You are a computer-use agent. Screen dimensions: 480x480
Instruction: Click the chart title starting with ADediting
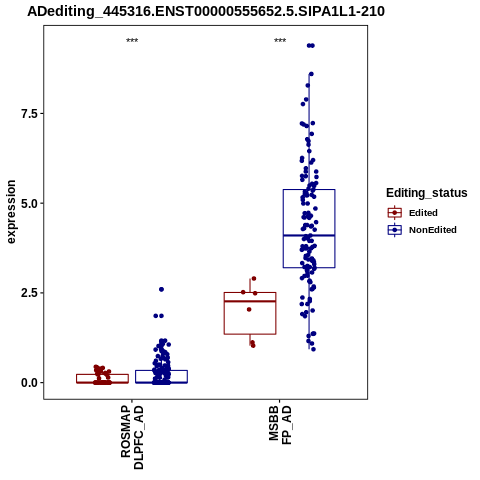(x=206, y=12)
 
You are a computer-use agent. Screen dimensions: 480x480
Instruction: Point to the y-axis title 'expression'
(x=11, y=212)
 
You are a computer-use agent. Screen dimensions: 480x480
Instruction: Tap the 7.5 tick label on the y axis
(x=28, y=114)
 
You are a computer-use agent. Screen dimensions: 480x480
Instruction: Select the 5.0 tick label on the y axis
(x=28, y=203)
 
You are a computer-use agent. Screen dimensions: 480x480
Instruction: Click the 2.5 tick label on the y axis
(x=28, y=293)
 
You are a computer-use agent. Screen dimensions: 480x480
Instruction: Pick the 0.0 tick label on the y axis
(x=28, y=383)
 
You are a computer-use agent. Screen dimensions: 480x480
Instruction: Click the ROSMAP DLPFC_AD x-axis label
(x=132, y=437)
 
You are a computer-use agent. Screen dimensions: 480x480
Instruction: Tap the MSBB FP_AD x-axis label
(x=280, y=425)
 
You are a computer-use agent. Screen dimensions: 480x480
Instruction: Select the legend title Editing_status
(x=427, y=193)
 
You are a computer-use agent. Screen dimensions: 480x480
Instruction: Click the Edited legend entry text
(x=423, y=213)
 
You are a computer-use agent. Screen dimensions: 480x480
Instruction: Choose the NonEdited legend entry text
(x=433, y=230)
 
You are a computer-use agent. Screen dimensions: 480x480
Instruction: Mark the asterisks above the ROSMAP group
(x=132, y=41)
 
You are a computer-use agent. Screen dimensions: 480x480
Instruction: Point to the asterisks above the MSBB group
(x=280, y=41)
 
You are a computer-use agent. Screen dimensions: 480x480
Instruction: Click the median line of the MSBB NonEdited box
(x=309, y=235)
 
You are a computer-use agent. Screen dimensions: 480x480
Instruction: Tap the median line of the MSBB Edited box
(x=250, y=301)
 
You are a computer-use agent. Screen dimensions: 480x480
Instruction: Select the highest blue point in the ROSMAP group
(x=161, y=289)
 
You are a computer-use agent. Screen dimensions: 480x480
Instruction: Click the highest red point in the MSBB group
(x=254, y=278)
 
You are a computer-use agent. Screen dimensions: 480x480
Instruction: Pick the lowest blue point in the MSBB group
(x=313, y=349)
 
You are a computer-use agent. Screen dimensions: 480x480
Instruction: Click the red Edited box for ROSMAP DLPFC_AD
(x=102, y=375)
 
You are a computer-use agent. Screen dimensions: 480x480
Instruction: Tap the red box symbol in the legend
(x=395, y=213)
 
